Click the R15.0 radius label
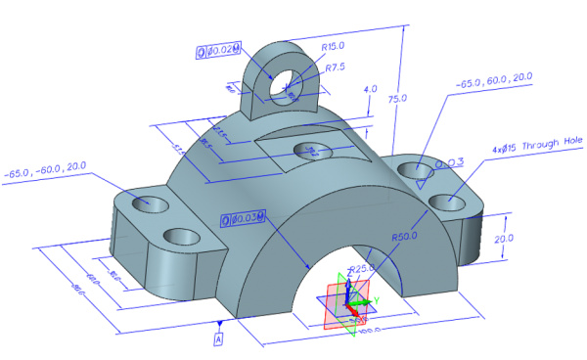(x=334, y=45)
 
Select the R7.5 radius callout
(x=334, y=66)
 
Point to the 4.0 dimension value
(x=370, y=89)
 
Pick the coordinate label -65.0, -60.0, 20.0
(x=46, y=174)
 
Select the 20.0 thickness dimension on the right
(x=522, y=238)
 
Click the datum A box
(x=219, y=338)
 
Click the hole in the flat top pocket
(x=311, y=150)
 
